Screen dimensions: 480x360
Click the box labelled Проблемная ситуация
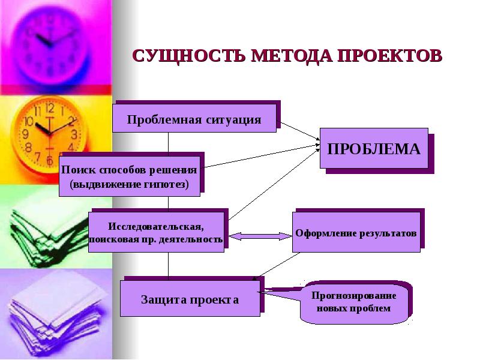(194, 118)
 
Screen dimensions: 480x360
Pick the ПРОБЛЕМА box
(373, 149)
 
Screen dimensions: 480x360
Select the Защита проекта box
(190, 298)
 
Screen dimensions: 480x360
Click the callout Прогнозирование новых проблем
(354, 303)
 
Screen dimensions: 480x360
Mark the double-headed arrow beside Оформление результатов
(259, 236)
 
